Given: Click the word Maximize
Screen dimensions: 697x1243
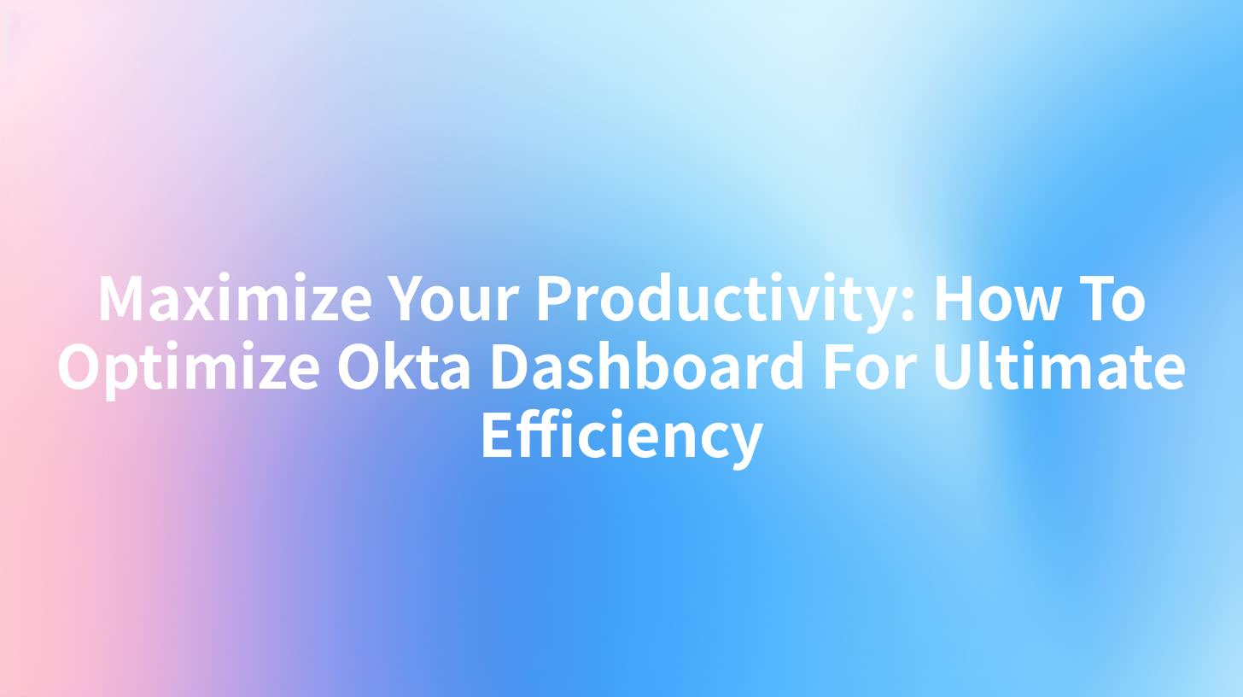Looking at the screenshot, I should point(236,300).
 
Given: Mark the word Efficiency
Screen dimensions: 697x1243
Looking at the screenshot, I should point(621,436).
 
